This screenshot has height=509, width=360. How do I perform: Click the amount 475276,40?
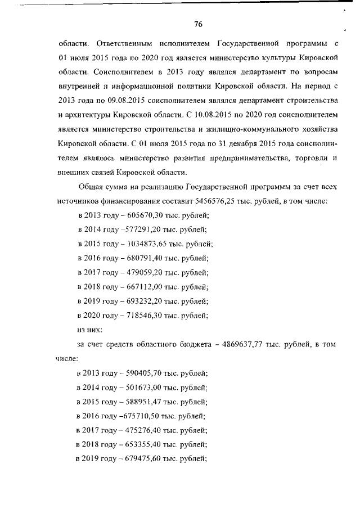141,430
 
